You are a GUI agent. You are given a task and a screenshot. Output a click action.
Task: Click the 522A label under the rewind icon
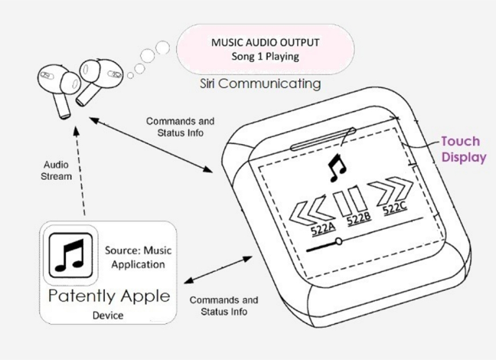point(323,228)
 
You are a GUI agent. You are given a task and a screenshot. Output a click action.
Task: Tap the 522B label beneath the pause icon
point(359,218)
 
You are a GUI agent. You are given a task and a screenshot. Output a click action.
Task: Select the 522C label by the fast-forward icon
point(394,208)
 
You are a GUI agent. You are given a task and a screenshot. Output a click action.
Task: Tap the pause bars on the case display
point(350,201)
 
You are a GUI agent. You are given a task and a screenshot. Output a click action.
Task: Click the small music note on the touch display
point(338,168)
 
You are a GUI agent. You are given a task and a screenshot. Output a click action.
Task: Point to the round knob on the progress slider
point(338,241)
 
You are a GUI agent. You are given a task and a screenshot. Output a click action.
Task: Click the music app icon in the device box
point(71,255)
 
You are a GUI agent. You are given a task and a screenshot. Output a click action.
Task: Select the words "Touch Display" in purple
point(464,149)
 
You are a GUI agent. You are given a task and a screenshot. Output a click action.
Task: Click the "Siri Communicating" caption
point(260,83)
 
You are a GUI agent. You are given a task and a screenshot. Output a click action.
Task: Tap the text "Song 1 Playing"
point(265,57)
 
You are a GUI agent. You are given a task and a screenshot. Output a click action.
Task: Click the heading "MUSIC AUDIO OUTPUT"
point(265,42)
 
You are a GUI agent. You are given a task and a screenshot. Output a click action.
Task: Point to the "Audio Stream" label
point(57,170)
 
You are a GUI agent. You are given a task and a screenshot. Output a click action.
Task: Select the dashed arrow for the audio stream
point(80,171)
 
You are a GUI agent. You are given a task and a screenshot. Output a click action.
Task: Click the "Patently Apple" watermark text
point(109,296)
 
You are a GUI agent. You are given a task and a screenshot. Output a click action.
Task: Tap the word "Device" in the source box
point(108,316)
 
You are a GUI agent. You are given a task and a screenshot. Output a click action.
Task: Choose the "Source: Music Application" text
point(139,257)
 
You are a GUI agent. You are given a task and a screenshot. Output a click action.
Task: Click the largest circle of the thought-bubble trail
point(162,47)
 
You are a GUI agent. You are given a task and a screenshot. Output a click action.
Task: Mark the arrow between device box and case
point(218,270)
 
